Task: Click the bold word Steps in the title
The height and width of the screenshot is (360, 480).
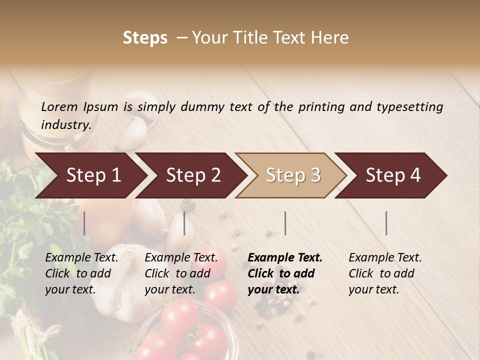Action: [x=145, y=38]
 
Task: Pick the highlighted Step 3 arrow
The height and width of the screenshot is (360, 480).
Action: [x=293, y=175]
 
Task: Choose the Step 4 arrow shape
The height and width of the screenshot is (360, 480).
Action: [x=393, y=175]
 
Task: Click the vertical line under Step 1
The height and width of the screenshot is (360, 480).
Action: [x=84, y=223]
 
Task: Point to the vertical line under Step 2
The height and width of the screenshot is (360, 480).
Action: [x=184, y=223]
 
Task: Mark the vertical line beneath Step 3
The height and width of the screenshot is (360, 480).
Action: [x=285, y=223]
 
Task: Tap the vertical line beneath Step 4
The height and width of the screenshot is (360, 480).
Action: [x=386, y=223]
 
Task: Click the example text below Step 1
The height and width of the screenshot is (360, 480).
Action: [x=81, y=273]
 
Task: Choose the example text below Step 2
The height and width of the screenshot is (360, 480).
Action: [x=181, y=273]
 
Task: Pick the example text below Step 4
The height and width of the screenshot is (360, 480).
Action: [x=385, y=273]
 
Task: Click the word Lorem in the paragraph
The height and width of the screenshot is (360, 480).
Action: [x=59, y=107]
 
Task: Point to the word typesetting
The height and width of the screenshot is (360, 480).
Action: [x=409, y=107]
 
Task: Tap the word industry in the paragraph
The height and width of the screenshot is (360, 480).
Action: [x=66, y=125]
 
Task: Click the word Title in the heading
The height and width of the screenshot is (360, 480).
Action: [x=255, y=38]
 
